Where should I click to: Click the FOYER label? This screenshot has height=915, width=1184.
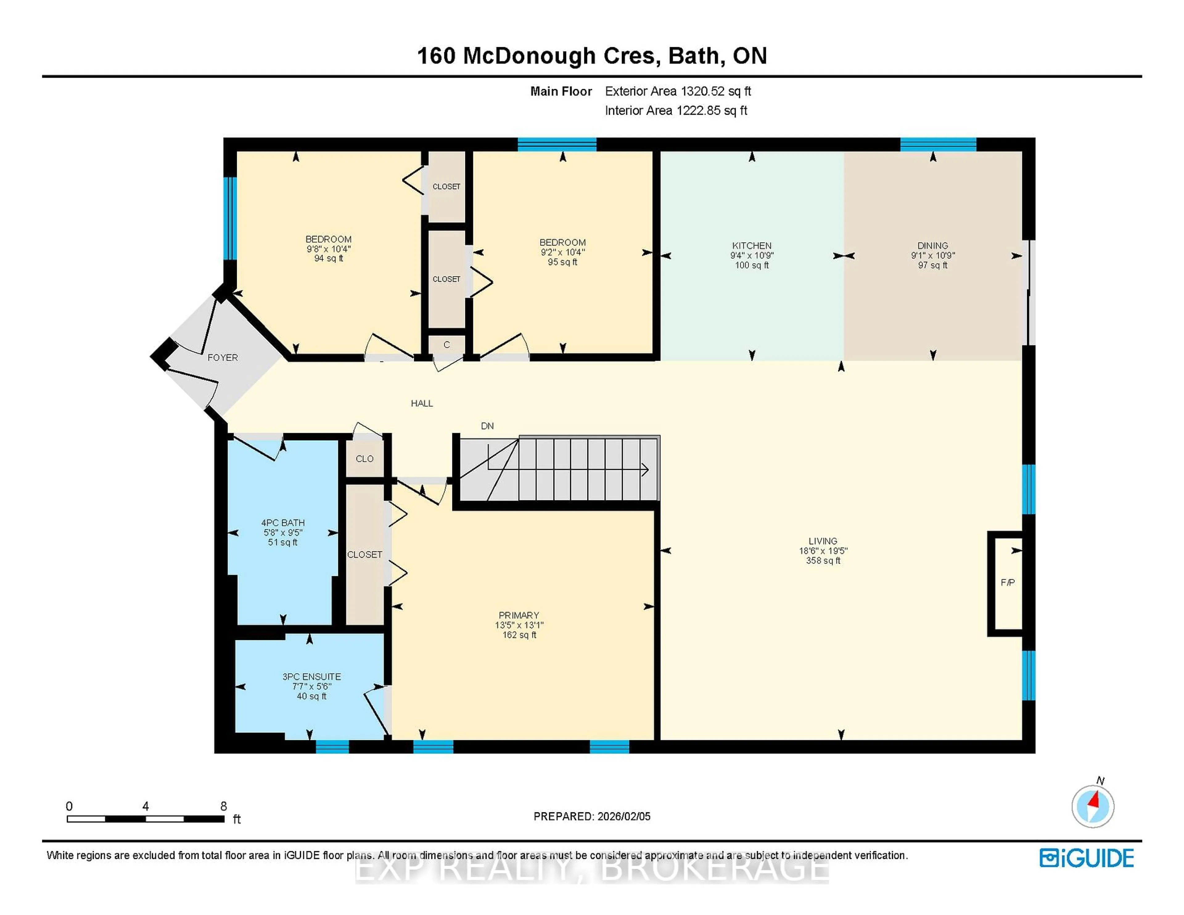[222, 358]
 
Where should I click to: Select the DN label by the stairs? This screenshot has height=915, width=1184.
[487, 426]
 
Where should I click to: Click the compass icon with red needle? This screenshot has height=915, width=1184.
[1092, 806]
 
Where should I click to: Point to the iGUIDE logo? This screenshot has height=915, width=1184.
[1087, 858]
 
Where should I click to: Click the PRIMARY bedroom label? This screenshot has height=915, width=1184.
[519, 615]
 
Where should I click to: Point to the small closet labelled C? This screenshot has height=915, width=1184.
[446, 345]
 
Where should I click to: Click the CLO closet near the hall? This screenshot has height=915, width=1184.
[364, 459]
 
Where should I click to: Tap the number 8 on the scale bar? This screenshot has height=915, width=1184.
[223, 806]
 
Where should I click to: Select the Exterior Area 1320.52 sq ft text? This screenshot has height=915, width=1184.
[678, 92]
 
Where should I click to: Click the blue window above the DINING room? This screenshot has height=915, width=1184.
[938, 144]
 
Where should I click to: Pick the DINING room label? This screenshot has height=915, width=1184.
[932, 246]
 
